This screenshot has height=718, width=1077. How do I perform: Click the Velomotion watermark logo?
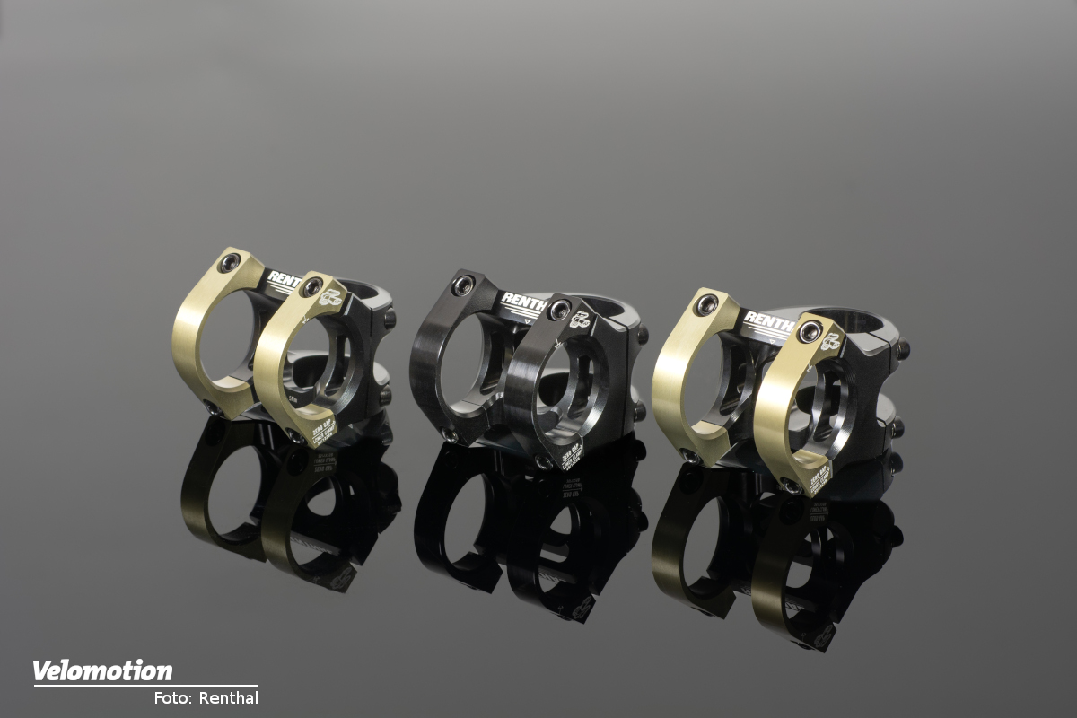[102, 671]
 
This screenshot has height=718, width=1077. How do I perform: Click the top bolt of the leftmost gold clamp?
[229, 262]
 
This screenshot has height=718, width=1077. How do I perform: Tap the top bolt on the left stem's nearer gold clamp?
[311, 287]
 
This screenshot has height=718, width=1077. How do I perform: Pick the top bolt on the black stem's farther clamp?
[463, 285]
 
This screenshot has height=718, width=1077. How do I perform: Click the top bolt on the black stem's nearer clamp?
[560, 310]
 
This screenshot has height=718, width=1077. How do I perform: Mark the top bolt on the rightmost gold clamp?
[810, 331]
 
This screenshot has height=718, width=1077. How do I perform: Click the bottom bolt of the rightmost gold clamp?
[790, 486]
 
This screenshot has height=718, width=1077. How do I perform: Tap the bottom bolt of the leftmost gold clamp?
[213, 408]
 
